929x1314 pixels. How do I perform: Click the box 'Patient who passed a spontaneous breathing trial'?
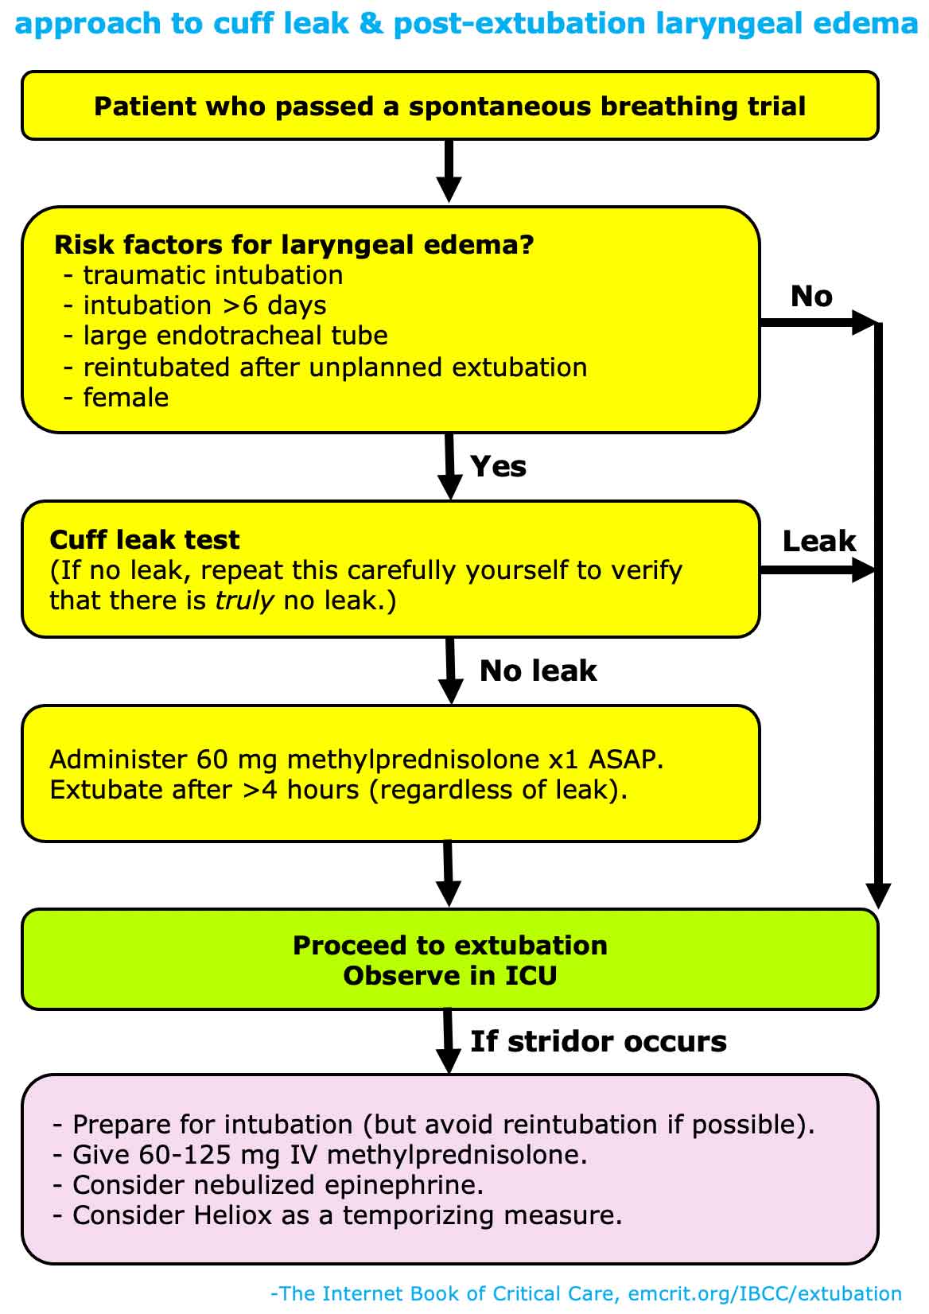[x=449, y=106]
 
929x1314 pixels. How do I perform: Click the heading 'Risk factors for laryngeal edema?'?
[x=293, y=244]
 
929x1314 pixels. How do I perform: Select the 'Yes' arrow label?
[x=498, y=466]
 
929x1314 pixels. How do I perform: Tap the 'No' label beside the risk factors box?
[x=811, y=297]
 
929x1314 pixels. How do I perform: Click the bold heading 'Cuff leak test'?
[x=144, y=540]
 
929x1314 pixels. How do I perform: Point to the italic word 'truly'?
[x=244, y=601]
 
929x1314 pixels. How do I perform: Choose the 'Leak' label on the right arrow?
[x=818, y=542]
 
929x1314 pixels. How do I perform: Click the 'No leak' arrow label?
[x=538, y=671]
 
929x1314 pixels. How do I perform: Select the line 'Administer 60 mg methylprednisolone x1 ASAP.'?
[x=356, y=760]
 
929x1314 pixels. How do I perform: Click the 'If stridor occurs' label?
[x=598, y=1041]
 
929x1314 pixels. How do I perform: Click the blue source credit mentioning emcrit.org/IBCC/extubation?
[x=586, y=1294]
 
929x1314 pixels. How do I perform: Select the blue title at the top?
[x=464, y=24]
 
